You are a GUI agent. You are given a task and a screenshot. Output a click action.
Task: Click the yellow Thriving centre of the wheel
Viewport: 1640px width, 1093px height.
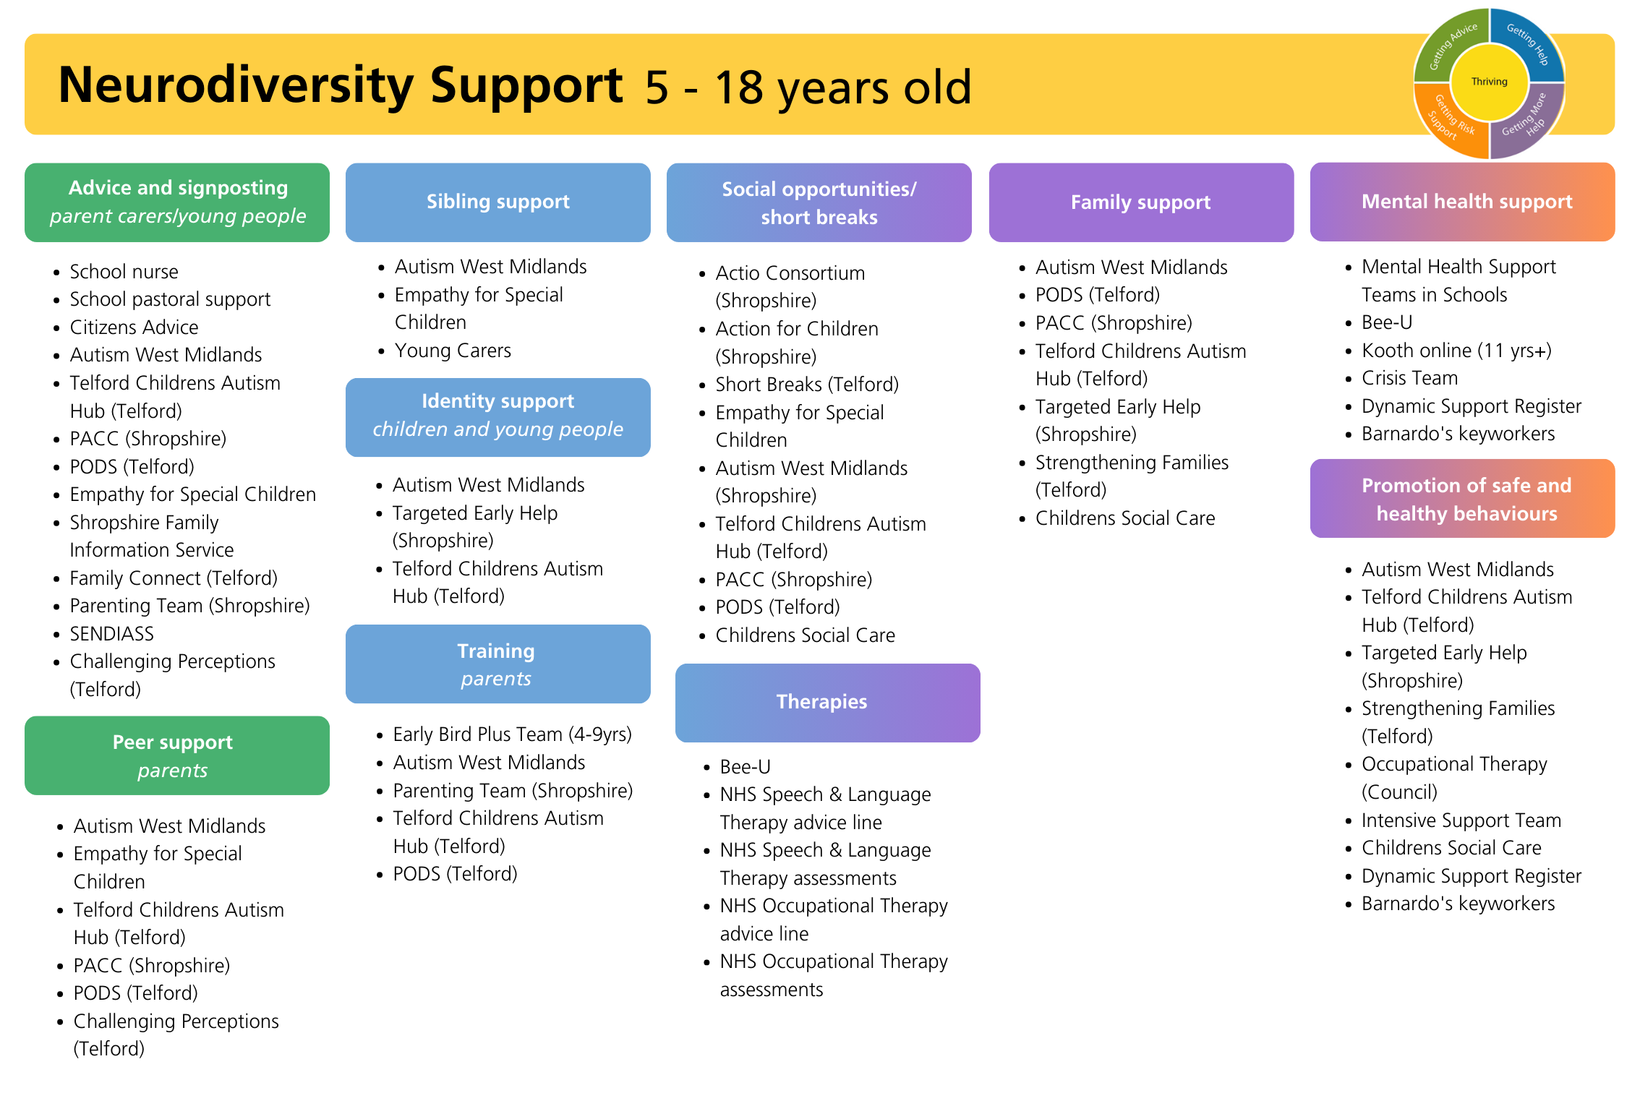coord(1489,82)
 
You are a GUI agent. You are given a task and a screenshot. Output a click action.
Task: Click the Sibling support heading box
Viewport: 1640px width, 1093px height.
coord(497,202)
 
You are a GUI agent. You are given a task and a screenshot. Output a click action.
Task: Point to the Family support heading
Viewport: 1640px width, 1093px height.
coord(1141,202)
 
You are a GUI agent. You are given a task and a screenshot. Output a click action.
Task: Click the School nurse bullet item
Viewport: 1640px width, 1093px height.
coord(124,272)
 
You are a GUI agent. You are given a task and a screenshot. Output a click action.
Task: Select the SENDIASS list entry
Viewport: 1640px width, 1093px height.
coord(111,634)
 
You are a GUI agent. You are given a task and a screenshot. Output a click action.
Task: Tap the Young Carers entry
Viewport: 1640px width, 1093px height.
coord(453,351)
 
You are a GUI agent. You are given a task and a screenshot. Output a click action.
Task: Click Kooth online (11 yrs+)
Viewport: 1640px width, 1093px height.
coord(1456,351)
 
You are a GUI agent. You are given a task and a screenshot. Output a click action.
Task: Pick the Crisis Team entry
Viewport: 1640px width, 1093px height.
coord(1409,378)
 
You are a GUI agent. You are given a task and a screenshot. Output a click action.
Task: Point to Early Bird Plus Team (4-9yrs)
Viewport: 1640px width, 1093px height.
coord(512,734)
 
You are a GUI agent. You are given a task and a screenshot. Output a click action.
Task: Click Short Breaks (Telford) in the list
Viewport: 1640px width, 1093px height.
coord(807,385)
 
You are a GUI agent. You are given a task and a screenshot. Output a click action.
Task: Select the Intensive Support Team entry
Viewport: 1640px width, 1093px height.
coord(1461,820)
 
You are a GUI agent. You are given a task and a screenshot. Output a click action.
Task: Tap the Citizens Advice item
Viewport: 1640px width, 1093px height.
coord(134,327)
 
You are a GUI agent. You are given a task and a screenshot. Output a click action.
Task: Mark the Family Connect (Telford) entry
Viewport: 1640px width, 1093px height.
coord(174,578)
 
